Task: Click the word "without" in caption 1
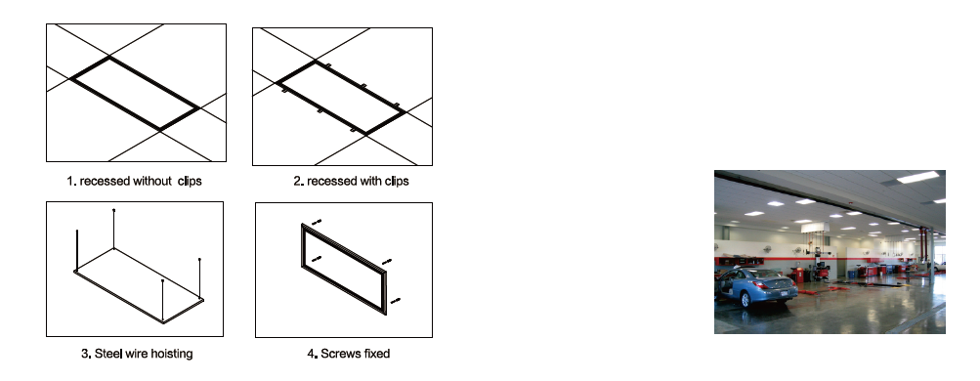pos(151,181)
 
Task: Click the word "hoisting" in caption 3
pos(172,355)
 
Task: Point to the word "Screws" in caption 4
pos(341,354)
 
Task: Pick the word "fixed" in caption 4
pos(377,354)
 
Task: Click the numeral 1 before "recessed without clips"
pos(70,181)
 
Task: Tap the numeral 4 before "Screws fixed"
pos(311,354)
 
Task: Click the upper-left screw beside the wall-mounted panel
pos(317,221)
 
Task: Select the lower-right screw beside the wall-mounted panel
pos(395,301)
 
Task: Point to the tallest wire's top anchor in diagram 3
pos(113,210)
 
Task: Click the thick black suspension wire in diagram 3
pos(77,250)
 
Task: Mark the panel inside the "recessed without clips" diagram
pos(135,94)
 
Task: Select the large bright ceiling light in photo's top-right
pos(918,178)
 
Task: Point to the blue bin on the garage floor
pos(852,275)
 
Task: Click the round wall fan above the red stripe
pos(767,249)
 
